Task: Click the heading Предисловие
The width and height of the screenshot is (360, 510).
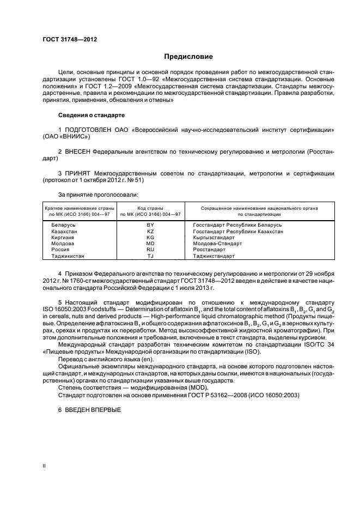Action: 188,57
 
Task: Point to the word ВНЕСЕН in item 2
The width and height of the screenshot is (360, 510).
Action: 76,151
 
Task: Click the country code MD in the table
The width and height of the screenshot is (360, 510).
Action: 150,244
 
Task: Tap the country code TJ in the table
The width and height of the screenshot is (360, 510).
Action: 150,256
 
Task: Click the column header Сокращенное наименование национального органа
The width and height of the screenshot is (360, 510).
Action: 259,208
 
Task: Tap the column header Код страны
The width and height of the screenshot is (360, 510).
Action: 150,208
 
